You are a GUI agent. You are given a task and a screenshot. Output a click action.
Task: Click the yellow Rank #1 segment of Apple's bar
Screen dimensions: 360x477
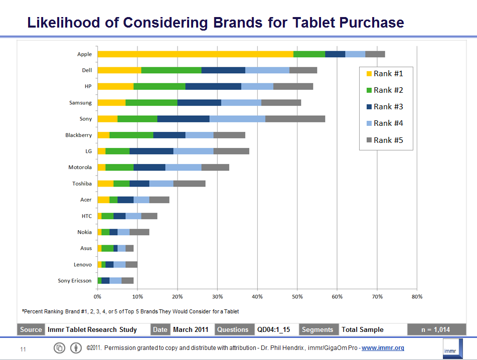pos(195,54)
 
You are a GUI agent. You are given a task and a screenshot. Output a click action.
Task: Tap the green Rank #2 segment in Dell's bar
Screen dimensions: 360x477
pos(171,70)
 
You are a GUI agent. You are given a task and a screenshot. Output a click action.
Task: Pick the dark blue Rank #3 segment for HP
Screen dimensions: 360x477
pos(213,86)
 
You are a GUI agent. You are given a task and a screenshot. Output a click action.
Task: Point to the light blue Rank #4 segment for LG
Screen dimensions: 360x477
pos(193,151)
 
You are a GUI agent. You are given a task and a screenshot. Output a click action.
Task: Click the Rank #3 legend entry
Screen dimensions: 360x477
pos(385,107)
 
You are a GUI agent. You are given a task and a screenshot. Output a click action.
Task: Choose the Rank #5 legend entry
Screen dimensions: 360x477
pos(385,140)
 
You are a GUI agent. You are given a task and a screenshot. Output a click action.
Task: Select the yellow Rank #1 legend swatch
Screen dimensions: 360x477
pos(369,74)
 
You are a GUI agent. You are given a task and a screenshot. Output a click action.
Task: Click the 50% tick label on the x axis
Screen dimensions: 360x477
pos(297,297)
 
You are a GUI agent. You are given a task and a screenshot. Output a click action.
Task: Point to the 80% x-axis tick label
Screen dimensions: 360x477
pos(417,297)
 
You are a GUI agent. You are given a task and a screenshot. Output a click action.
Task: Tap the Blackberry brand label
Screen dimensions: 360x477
pos(78,135)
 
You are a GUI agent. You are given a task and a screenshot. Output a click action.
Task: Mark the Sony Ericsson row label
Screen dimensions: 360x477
pos(75,281)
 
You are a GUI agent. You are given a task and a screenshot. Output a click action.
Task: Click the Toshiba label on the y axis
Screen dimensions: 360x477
pos(82,184)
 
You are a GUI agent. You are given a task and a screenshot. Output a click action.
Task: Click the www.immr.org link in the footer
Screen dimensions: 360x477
pos(383,348)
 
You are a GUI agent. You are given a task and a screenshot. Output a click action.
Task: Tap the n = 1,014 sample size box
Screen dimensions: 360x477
pos(436,329)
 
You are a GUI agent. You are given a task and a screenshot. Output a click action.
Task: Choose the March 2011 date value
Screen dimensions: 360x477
pos(191,329)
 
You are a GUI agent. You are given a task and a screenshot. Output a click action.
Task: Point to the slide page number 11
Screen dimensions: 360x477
pos(23,349)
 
